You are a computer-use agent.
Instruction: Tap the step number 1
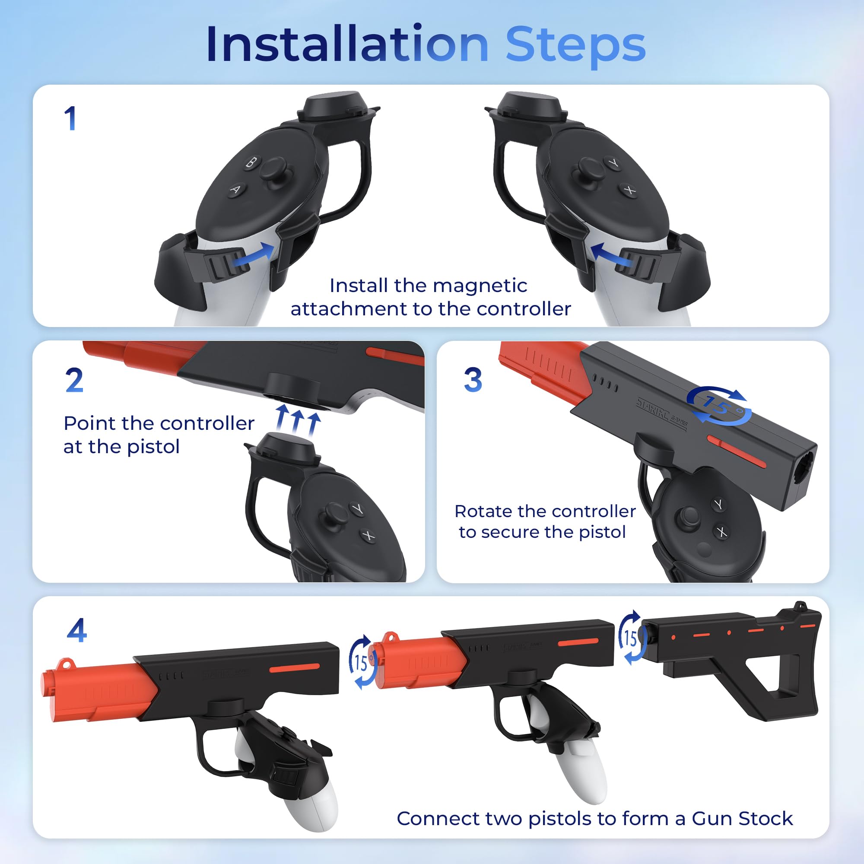(x=71, y=118)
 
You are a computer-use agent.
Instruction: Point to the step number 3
(x=473, y=380)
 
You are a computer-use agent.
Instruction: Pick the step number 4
(x=76, y=631)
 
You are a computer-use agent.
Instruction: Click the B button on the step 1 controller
(x=252, y=162)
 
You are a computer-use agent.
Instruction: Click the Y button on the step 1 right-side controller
(x=614, y=163)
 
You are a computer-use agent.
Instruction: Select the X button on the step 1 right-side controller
(x=630, y=191)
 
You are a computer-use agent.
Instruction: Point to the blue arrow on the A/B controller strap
(x=255, y=255)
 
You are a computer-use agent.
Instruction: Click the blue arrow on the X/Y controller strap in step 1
(x=610, y=255)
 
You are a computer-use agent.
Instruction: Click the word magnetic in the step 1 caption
(x=480, y=286)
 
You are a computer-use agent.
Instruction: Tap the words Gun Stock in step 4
(x=742, y=818)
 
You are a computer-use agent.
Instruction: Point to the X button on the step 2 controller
(x=368, y=535)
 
